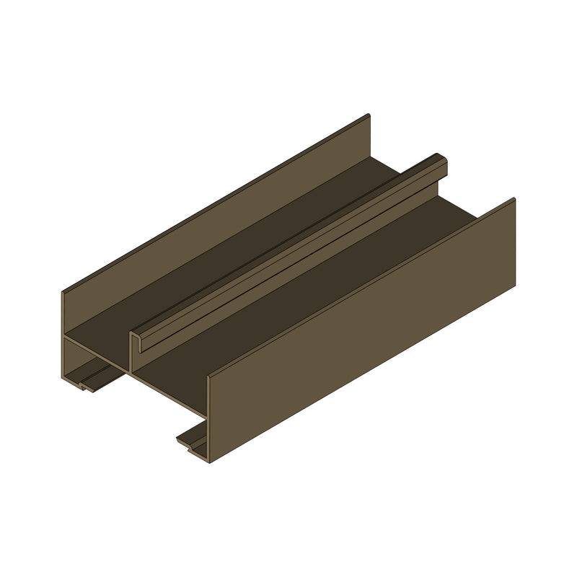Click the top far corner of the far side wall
pyautogui.click(x=369, y=115)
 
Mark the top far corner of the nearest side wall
pyautogui.click(x=514, y=199)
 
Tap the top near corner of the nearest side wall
pyautogui.click(x=208, y=376)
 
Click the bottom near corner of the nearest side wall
pyautogui.click(x=209, y=462)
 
